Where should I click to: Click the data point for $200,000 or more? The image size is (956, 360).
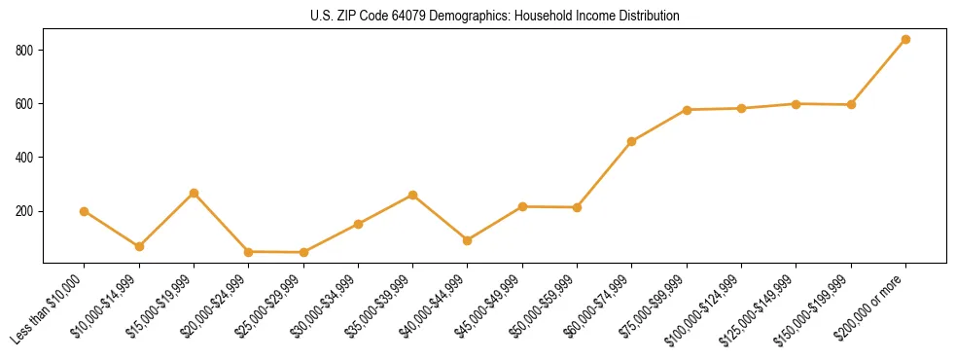(x=905, y=40)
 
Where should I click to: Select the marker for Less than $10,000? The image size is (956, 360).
(x=85, y=211)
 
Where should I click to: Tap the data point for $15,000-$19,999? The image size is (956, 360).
(x=194, y=193)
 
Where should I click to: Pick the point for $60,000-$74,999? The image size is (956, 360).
(x=632, y=141)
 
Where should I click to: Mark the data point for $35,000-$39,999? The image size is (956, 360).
(x=412, y=195)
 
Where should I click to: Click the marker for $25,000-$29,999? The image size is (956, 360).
(x=303, y=252)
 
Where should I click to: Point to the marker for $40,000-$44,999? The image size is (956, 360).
(x=468, y=240)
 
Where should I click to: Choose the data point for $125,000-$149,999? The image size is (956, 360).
(x=797, y=104)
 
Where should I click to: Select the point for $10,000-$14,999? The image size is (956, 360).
(x=139, y=246)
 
